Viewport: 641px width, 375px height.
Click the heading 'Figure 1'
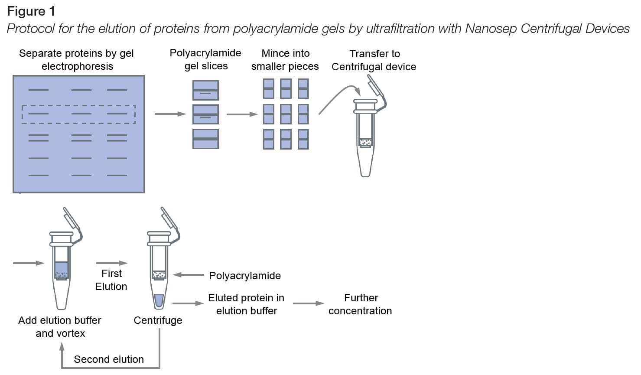point(31,11)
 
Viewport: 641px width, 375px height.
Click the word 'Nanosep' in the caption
point(491,29)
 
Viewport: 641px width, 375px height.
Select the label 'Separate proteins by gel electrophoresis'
point(77,60)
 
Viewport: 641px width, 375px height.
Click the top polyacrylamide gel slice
point(205,91)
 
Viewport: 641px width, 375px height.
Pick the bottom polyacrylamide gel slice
point(205,139)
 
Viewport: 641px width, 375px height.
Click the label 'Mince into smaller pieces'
point(285,60)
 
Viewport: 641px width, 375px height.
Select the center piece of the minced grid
point(286,114)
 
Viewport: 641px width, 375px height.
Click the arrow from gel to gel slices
point(170,114)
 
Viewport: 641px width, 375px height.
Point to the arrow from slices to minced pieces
point(242,114)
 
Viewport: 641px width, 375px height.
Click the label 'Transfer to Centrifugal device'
point(374,60)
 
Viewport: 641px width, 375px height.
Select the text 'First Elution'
point(111,280)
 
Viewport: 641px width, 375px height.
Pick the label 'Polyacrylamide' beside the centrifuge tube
point(245,276)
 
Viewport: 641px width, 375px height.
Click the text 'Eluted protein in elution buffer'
point(246,304)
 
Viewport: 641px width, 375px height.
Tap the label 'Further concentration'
point(360,304)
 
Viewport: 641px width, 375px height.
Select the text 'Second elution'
point(109,359)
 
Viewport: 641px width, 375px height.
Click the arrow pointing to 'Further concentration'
point(308,303)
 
